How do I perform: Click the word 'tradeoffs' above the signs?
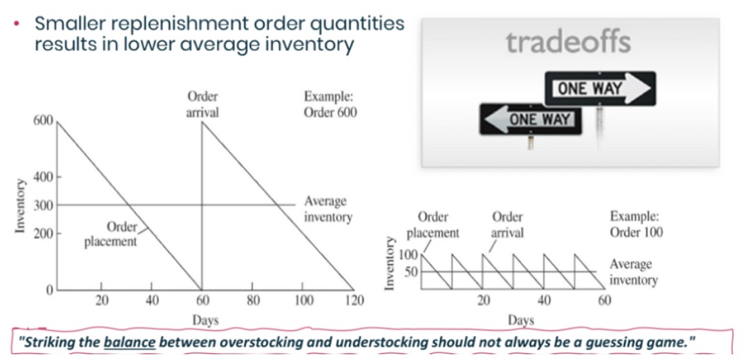tap(568, 43)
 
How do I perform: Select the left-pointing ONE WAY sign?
tap(531, 118)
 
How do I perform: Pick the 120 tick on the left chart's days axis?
tap(354, 301)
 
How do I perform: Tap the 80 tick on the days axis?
tap(253, 301)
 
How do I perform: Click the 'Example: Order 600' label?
tap(330, 105)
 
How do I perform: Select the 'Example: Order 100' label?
tap(636, 224)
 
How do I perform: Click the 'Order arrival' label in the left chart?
tap(202, 105)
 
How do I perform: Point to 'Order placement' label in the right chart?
tap(433, 225)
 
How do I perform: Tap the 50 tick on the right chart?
tap(411, 272)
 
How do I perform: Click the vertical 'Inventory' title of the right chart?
tap(390, 264)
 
